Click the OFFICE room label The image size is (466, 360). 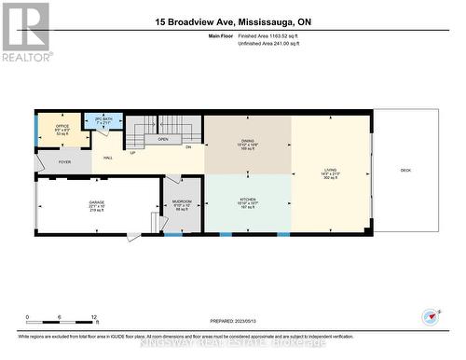pos(62,126)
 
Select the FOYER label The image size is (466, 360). pos(64,162)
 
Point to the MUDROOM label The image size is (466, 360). pos(182,202)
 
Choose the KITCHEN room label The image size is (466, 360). pos(247,200)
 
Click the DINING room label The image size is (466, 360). pos(247,142)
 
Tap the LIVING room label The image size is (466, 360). pos(331,171)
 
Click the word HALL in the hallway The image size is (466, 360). pos(108,159)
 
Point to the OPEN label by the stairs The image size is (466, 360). pos(162,140)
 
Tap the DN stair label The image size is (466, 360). pos(187,147)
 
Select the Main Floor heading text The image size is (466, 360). pos(220,35)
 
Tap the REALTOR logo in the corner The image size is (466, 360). pos(25,31)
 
